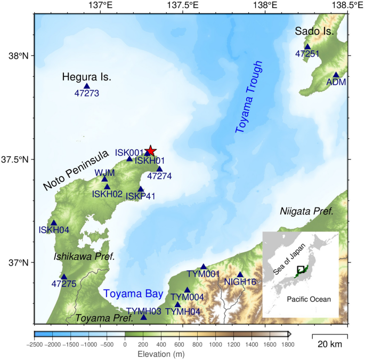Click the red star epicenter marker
tap(150, 150)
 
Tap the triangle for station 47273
tap(87, 86)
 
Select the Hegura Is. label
tap(87, 77)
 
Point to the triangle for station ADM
tap(336, 75)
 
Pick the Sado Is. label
tap(314, 32)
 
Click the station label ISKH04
tap(54, 230)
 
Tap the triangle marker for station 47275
tap(64, 277)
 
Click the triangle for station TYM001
tap(204, 267)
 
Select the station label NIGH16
tap(240, 282)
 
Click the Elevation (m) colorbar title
tap(161, 354)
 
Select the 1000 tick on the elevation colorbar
tap(215, 345)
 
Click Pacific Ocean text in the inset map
tap(308, 299)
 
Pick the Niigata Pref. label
tap(307, 211)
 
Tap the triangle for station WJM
tap(105, 179)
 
